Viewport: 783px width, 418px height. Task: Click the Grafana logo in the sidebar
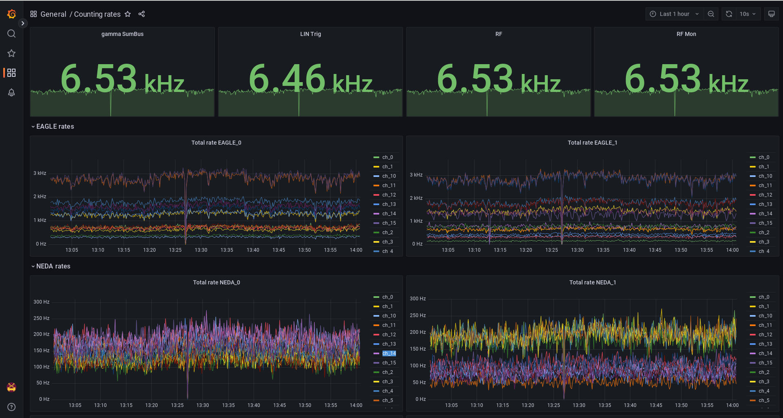pos(11,14)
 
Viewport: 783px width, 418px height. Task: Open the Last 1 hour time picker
pos(675,14)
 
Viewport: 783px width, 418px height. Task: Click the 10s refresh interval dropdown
pos(747,14)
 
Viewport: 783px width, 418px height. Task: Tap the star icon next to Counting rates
pos(128,14)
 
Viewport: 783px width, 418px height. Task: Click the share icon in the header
pos(142,14)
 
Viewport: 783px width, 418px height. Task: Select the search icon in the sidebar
pos(11,34)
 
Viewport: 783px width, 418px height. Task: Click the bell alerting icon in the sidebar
pos(11,92)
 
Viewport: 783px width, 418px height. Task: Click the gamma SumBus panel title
pos(122,34)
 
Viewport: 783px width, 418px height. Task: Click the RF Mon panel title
pos(686,34)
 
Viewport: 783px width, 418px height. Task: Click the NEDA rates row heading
pos(53,266)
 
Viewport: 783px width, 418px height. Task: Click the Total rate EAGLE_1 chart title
pos(592,143)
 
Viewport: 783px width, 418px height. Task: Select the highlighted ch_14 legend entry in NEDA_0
pos(389,353)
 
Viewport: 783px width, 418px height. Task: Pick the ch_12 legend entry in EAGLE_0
pos(389,195)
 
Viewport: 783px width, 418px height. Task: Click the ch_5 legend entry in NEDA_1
pos(764,400)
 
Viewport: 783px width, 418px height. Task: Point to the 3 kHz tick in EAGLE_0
pos(40,173)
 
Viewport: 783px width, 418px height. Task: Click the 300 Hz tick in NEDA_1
pos(417,299)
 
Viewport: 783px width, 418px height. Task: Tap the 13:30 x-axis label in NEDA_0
pos(202,405)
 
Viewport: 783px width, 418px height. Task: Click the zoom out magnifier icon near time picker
pos(711,14)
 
